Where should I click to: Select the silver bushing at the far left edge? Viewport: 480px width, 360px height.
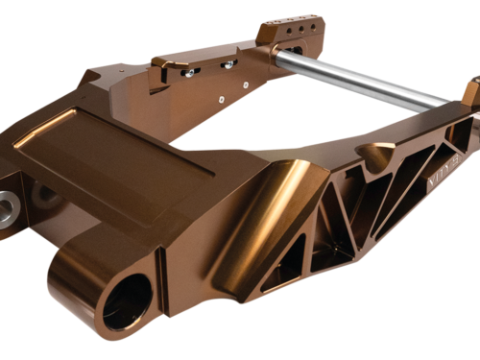(9, 204)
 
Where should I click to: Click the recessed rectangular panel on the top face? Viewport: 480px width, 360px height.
(115, 154)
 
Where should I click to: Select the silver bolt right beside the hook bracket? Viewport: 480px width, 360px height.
(189, 71)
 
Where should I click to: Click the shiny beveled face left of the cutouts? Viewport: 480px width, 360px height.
(259, 221)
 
